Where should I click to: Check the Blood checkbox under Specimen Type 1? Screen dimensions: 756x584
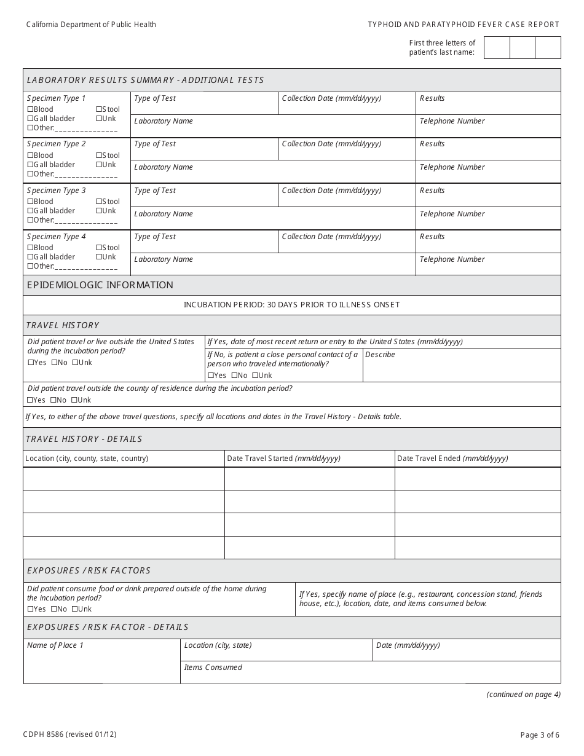click(x=30, y=109)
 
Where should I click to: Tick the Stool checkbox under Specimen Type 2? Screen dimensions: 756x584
click(x=98, y=156)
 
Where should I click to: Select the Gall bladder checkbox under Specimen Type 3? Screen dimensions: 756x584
click(x=30, y=211)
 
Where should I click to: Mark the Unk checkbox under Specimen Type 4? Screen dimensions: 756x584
click(x=98, y=257)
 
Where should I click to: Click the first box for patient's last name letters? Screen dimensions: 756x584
click(x=497, y=48)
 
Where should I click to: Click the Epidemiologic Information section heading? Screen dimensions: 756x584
click(x=100, y=285)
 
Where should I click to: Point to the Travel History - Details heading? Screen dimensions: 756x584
click(x=84, y=439)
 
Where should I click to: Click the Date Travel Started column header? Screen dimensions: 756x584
click(x=283, y=459)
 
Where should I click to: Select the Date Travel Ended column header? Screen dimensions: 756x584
click(x=452, y=459)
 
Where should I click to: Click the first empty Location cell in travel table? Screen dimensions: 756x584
click(x=124, y=479)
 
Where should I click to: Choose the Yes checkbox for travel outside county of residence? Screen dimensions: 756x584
click(x=30, y=400)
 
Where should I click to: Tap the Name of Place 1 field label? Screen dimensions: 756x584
click(x=55, y=645)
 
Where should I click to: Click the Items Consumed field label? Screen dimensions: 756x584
click(x=213, y=667)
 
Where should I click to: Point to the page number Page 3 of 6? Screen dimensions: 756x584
click(x=540, y=734)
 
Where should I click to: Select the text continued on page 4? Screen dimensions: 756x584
click(x=523, y=695)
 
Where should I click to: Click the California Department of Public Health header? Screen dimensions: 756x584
click(x=91, y=25)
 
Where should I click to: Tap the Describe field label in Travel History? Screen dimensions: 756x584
click(x=380, y=355)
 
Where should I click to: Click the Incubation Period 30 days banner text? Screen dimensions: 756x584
click(x=291, y=305)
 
